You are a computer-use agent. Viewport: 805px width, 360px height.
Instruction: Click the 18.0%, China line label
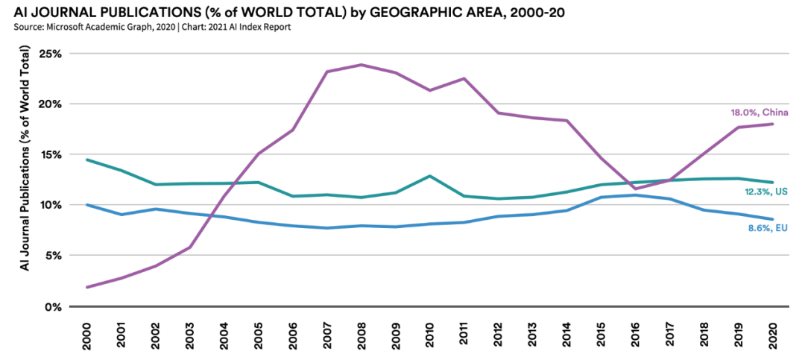759,113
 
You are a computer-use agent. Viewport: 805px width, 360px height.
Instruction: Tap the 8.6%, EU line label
768,228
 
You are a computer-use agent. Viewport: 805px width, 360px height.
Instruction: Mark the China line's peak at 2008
362,65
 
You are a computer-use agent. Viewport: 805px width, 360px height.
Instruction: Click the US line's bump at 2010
430,176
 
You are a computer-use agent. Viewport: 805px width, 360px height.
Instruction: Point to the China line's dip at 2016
635,189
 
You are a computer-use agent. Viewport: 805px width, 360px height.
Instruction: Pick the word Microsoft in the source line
69,28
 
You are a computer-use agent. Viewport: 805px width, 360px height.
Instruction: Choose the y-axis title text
25,157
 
